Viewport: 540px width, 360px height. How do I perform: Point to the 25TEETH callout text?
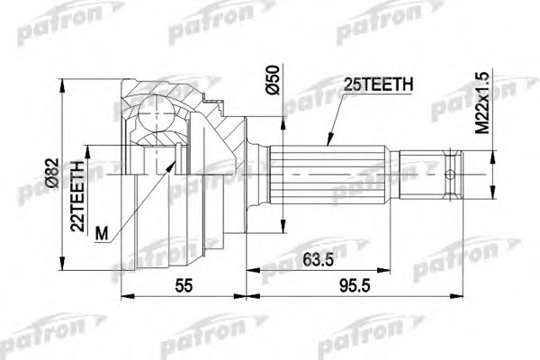378,85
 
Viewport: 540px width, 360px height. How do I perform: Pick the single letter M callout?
101,232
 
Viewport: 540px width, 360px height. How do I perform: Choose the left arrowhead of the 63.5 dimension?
249,267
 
